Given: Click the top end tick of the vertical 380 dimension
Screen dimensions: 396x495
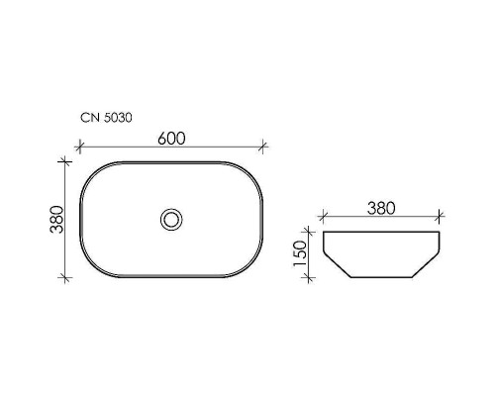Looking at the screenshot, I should (66, 159).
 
